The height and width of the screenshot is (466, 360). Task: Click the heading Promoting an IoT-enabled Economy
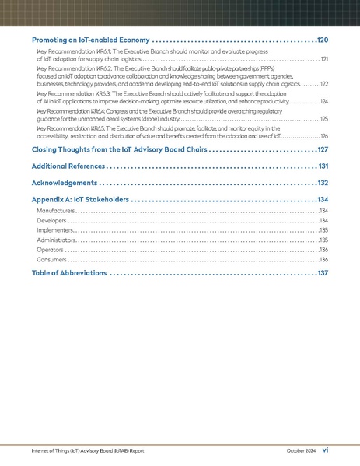click(85, 40)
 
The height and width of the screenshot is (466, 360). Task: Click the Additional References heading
click(68, 166)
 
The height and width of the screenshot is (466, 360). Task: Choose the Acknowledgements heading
click(65, 184)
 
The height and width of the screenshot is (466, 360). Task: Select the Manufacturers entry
click(55, 211)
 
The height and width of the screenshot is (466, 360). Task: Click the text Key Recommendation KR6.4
click(73, 112)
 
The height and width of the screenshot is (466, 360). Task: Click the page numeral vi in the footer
click(326, 450)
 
